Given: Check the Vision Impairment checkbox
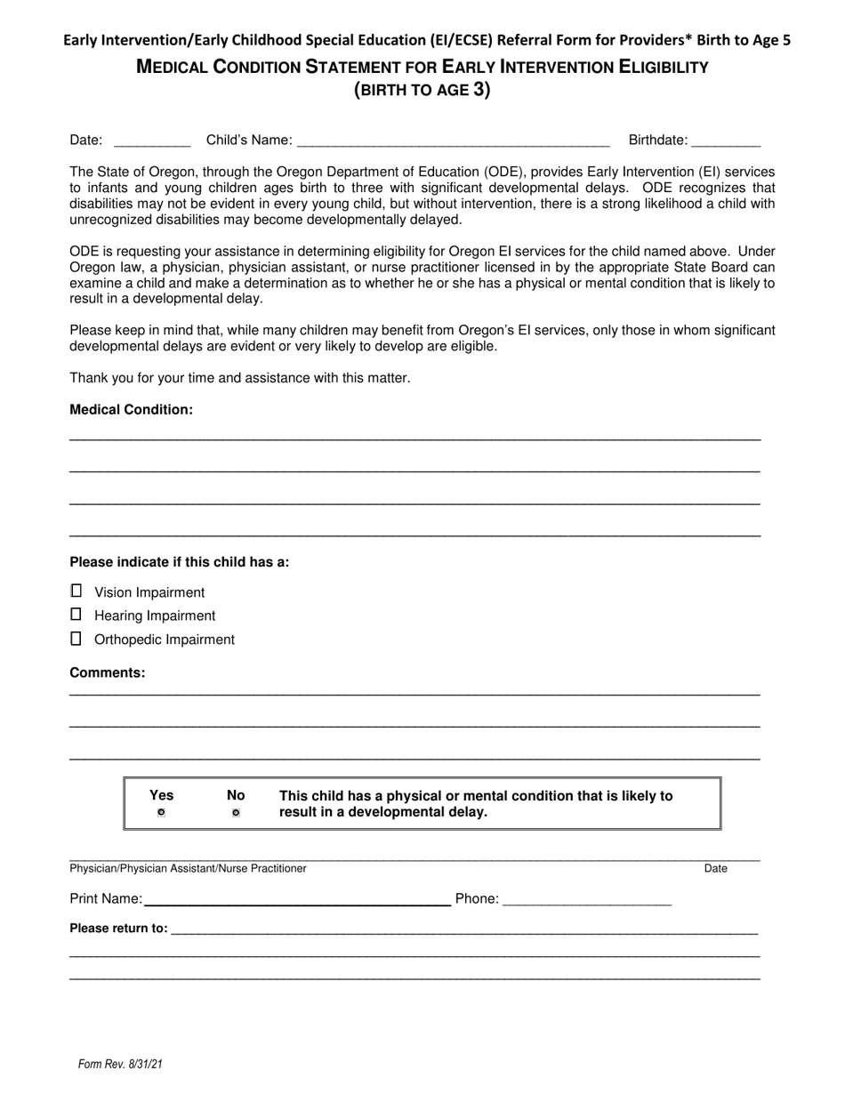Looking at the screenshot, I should pyautogui.click(x=76, y=591).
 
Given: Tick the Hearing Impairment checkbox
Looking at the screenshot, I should pyautogui.click(x=76, y=615).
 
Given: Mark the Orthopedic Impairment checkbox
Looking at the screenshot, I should pyautogui.click(x=76, y=639).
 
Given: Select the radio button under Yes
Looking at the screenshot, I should pyautogui.click(x=161, y=813).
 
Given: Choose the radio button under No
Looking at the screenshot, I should pyautogui.click(x=236, y=813).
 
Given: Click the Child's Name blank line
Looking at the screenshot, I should pyautogui.click(x=453, y=141).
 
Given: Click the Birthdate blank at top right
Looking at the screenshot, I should pyautogui.click(x=726, y=141).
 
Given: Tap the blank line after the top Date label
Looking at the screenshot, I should pyautogui.click(x=152, y=141).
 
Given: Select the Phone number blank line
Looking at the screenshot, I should pyautogui.click(x=587, y=899).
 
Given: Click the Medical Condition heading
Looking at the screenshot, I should pyautogui.click(x=131, y=410).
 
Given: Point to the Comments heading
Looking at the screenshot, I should pyautogui.click(x=108, y=672).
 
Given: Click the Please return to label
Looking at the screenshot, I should pyautogui.click(x=118, y=929).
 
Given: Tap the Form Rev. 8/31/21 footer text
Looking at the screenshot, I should pyautogui.click(x=120, y=1064).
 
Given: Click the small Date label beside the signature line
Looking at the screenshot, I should pyautogui.click(x=715, y=869).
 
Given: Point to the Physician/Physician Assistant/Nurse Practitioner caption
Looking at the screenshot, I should pyautogui.click(x=188, y=869).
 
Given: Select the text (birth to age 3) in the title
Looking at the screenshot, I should pyautogui.click(x=422, y=90).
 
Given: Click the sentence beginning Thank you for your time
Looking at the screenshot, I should pyautogui.click(x=240, y=378).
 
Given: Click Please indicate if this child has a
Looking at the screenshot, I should pyautogui.click(x=179, y=562).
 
